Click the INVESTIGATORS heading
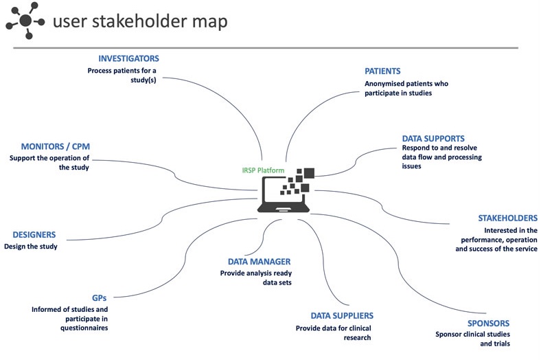pos(128,58)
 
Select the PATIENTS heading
pos(382,71)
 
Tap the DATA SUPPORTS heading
pos(433,138)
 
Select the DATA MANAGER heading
pos(259,261)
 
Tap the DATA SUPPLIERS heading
pos(342,315)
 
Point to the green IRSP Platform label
pos(259,170)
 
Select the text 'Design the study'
pos(31,246)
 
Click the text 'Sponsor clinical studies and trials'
pos(473,339)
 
